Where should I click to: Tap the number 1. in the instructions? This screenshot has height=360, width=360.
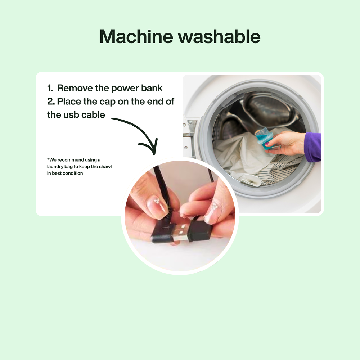(x=50, y=88)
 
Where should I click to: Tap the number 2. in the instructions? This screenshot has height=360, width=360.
(x=51, y=102)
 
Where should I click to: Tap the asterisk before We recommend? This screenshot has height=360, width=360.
(x=48, y=159)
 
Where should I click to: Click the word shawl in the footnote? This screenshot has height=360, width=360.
(x=110, y=166)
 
